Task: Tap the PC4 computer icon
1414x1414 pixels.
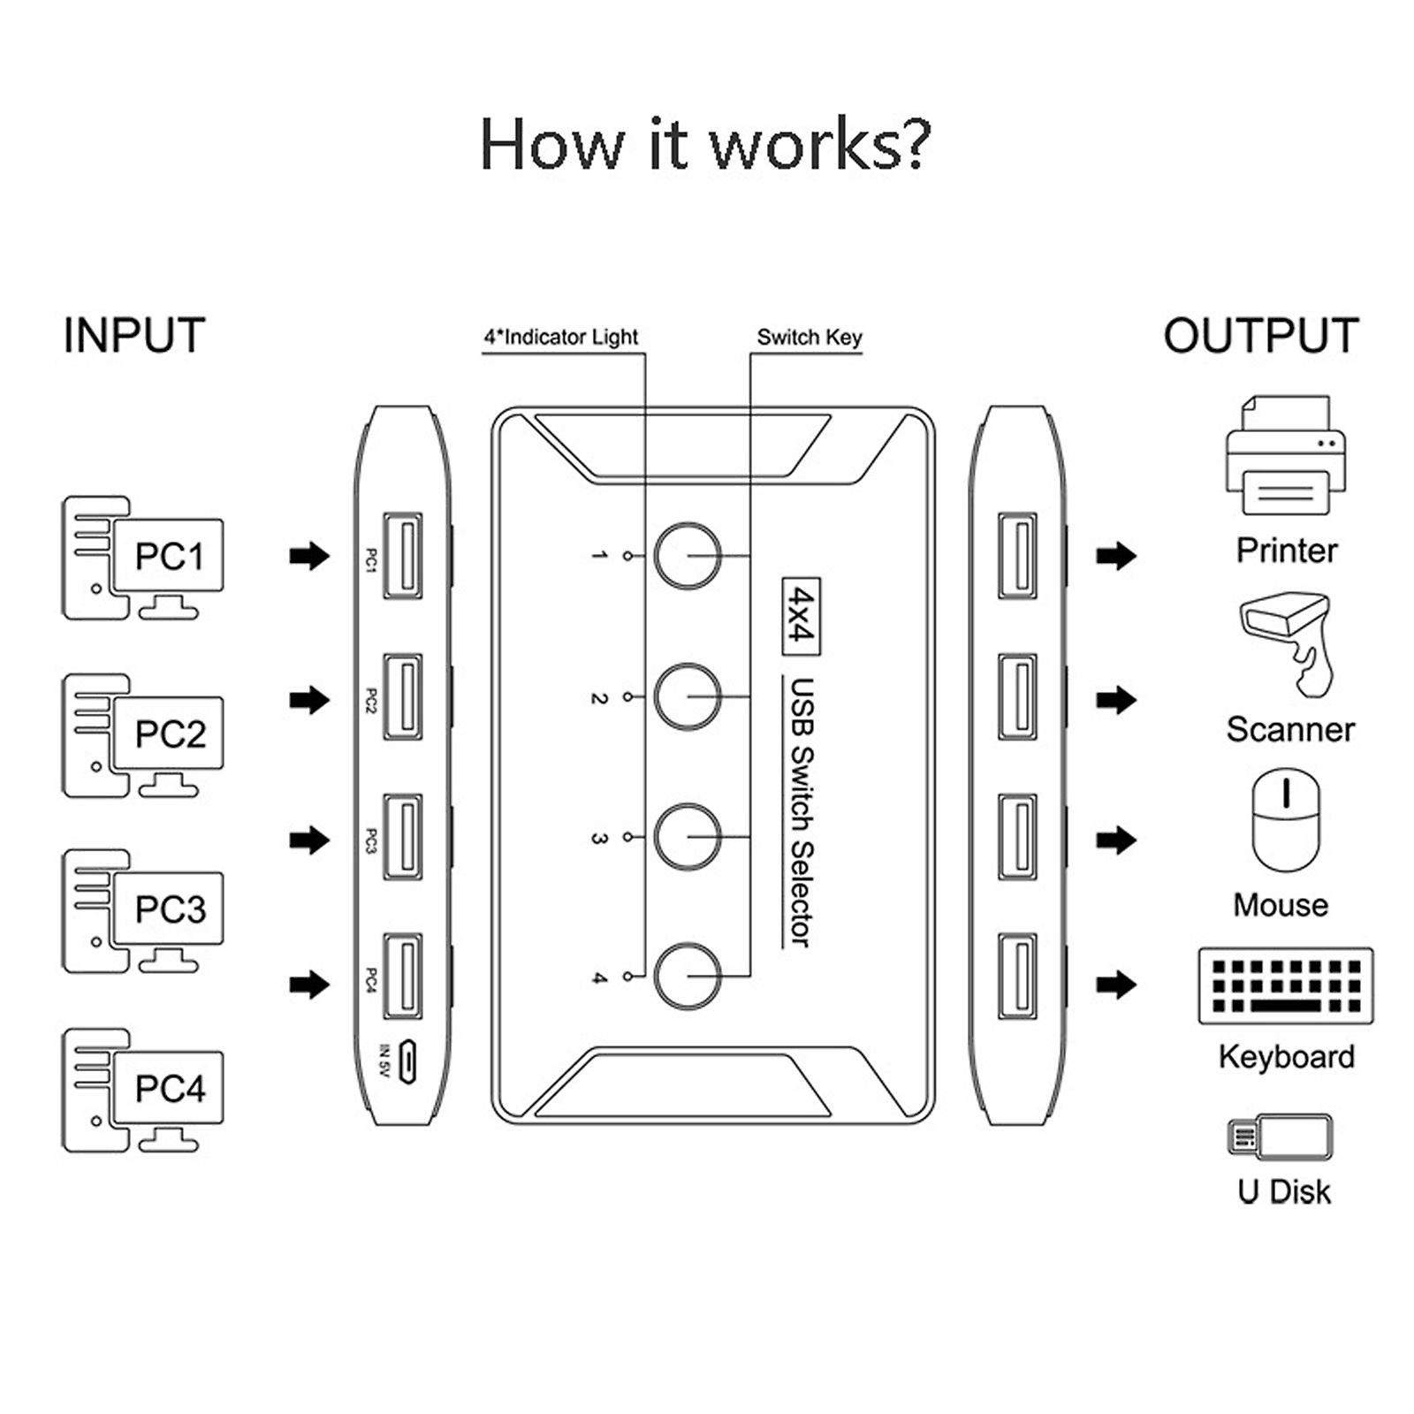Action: coord(141,1090)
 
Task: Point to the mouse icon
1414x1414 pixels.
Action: coord(1286,820)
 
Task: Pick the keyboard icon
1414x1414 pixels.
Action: coord(1286,986)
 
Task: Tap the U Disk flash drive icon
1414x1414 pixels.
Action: coord(1279,1137)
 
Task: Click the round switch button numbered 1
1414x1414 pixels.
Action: coord(688,556)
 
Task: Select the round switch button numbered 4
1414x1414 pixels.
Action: coord(688,977)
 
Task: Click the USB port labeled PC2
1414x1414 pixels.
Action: coord(402,697)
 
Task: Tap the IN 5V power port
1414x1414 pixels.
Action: coord(407,1061)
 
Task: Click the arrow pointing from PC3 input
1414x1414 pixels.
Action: coord(309,840)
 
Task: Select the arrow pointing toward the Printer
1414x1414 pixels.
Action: coord(1115,556)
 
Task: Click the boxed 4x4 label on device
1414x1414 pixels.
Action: coord(801,616)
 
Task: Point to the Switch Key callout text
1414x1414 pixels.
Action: coord(809,338)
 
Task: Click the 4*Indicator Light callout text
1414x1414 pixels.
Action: coord(561,338)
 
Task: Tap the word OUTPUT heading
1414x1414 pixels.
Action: coord(1260,337)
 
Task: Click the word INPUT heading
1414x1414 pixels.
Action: coord(134,337)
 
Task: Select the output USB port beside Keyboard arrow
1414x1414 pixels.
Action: coord(1017,977)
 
